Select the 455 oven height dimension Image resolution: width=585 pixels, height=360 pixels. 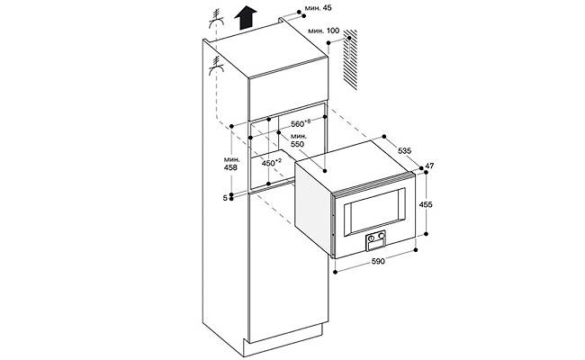[x=427, y=206]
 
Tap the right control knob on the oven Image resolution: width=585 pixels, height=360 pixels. [x=382, y=238]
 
